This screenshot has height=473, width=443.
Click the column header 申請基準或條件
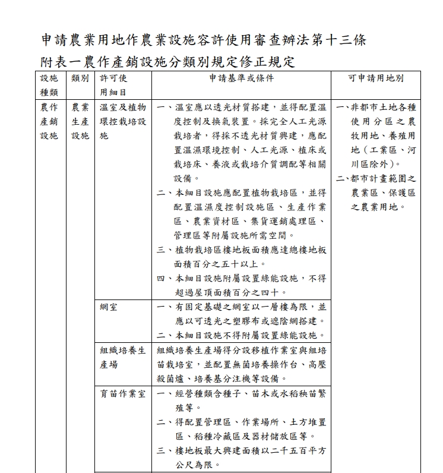241,78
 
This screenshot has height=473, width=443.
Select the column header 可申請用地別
376,78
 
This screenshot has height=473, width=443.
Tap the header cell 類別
80,78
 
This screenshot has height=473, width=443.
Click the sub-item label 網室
109,307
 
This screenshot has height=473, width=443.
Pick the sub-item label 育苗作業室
123,393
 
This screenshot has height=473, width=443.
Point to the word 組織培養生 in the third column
123,350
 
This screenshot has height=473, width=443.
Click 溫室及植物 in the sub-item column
123,108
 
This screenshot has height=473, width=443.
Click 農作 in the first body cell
49,108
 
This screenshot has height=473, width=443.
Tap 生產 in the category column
80,122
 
